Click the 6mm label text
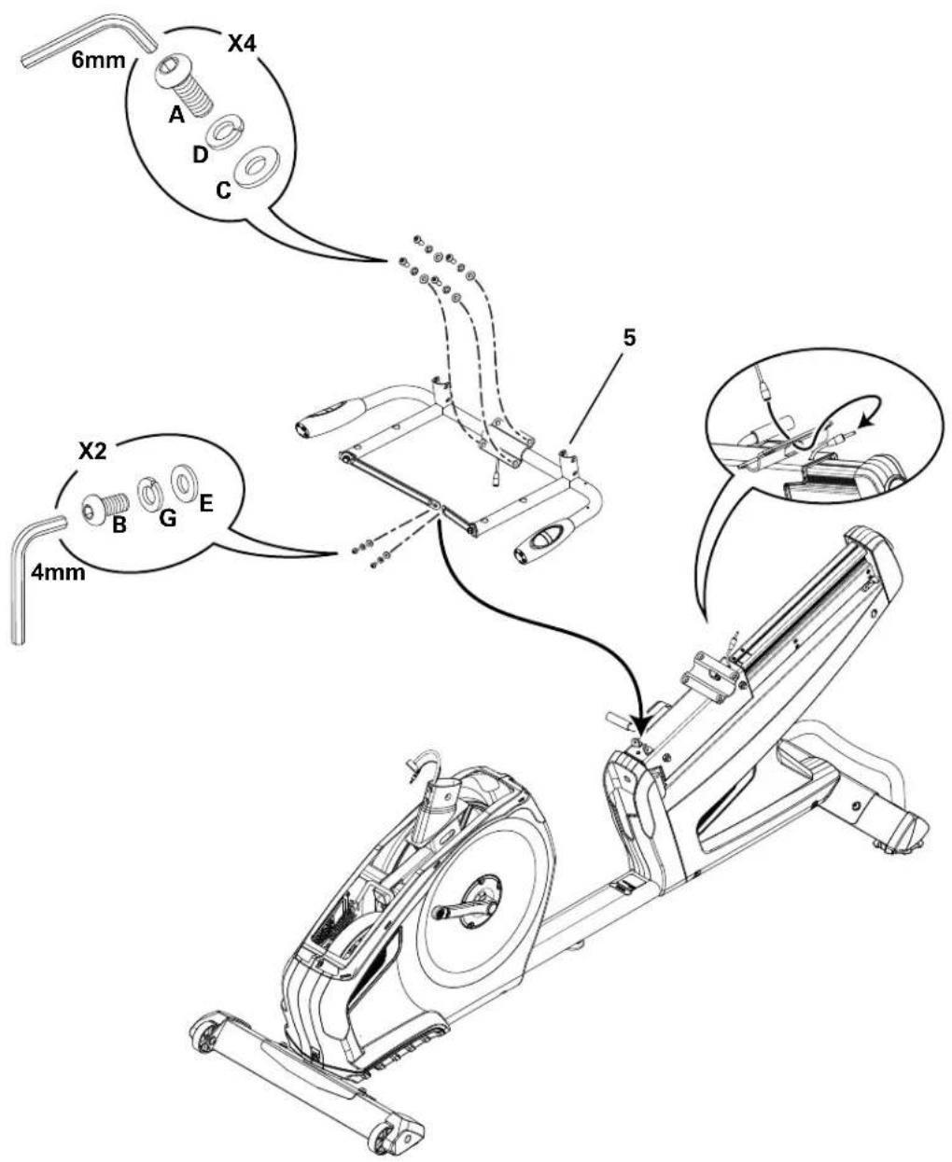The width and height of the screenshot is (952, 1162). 99,61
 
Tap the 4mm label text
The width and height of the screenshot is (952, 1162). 58,573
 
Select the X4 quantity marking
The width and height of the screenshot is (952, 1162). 242,44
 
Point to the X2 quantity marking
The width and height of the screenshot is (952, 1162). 92,452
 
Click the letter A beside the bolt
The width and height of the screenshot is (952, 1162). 176,115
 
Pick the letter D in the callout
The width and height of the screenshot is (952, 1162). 200,155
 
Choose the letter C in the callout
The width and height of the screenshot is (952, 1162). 223,190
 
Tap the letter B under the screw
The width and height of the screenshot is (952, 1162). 119,525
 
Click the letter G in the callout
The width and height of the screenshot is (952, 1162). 167,518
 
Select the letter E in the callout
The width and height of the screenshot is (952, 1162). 206,504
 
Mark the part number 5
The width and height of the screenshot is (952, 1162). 630,338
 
